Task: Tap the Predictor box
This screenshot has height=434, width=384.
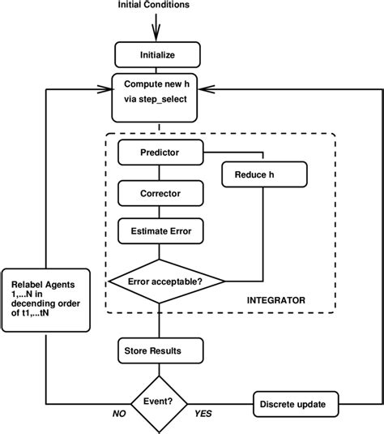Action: [x=160, y=152]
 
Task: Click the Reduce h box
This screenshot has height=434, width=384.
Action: [x=264, y=174]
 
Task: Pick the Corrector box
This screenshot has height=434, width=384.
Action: [x=160, y=193]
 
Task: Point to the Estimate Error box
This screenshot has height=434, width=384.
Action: [x=160, y=232]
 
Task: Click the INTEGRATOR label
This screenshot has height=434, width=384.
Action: [x=276, y=299]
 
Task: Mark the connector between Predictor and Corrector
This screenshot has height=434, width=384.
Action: [x=160, y=172]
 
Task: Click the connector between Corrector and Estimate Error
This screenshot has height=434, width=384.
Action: [x=160, y=212]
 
